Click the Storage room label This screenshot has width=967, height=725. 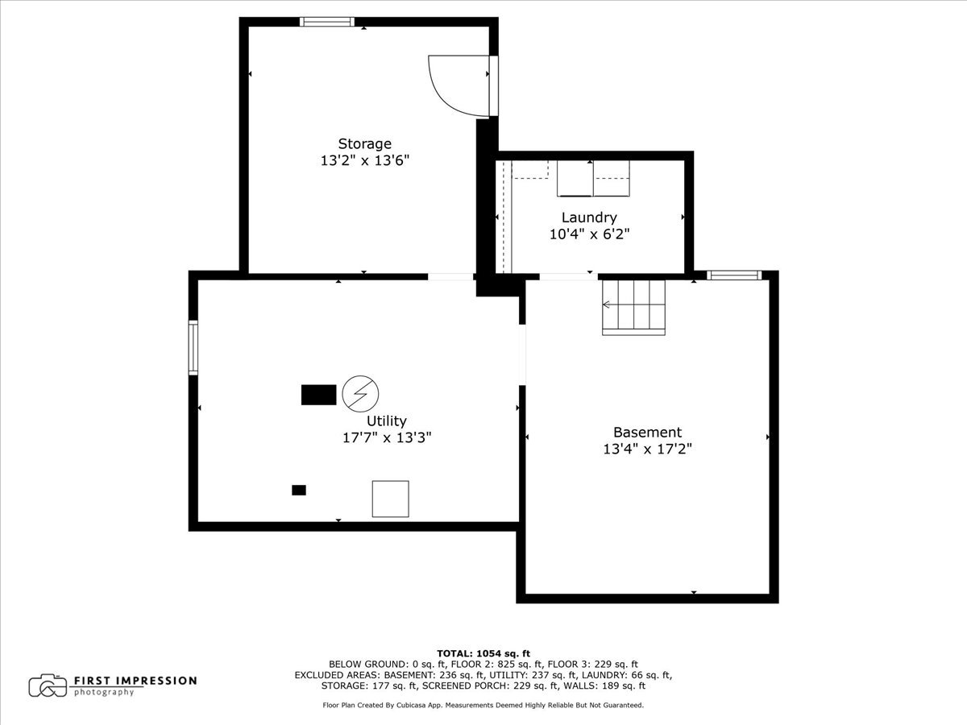364,144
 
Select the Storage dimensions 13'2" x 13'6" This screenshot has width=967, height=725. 364,160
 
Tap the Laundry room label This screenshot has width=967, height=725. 589,217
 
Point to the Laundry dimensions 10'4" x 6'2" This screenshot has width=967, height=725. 589,234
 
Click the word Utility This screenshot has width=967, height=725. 387,420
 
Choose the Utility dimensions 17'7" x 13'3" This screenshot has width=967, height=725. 387,437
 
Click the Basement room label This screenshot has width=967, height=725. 647,433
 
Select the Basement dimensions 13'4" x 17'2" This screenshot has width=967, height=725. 647,449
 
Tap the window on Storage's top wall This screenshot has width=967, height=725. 327,22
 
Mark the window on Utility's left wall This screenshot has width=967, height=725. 193,347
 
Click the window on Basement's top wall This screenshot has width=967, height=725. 734,275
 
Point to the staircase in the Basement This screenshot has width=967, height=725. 634,307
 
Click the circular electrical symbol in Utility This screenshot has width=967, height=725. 359,393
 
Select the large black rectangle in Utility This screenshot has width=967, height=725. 318,395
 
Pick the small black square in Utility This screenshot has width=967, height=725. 299,490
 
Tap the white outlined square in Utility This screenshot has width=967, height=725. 390,499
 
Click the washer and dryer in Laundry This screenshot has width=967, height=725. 594,179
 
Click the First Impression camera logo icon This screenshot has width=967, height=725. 48,686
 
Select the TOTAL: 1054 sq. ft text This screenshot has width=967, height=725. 483,653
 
